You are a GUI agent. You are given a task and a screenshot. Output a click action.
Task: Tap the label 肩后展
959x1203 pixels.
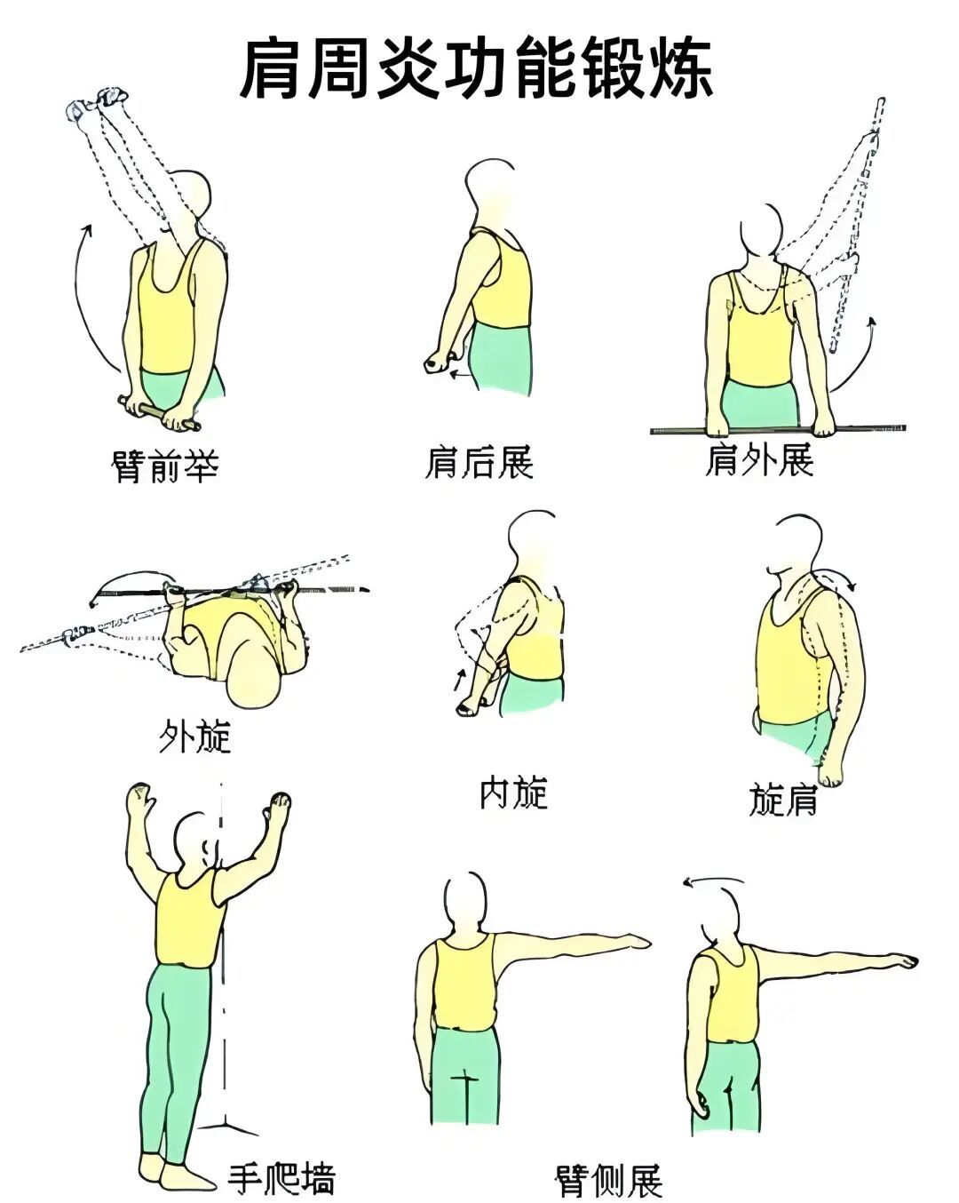click(479, 463)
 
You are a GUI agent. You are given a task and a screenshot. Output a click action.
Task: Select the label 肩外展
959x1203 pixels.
click(759, 460)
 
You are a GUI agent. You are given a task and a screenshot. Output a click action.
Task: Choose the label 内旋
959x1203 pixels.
click(513, 793)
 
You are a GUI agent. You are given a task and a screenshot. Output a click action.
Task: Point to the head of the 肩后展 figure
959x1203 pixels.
click(490, 187)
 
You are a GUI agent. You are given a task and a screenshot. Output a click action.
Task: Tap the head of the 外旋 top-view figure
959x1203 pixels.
click(253, 679)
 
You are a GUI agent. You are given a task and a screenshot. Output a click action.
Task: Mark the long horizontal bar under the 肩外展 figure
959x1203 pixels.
click(777, 429)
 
